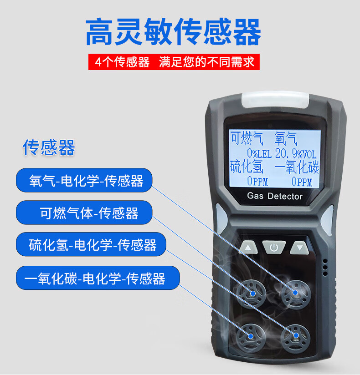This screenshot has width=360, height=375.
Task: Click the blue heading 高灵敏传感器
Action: coord(173,32)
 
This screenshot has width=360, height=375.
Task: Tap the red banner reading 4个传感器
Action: coord(174,62)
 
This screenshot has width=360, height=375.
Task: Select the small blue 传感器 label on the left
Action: coord(49,147)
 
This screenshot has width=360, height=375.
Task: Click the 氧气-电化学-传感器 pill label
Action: coord(84,180)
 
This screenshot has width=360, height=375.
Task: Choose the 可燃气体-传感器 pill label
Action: coord(84,213)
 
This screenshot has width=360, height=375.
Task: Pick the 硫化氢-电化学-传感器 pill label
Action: coord(91,244)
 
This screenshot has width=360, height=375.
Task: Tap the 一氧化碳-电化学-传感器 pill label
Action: coord(98,278)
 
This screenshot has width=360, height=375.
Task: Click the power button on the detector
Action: coord(274,247)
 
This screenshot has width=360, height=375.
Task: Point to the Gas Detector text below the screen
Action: coord(275,196)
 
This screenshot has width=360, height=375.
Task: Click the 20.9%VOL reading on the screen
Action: coord(296,153)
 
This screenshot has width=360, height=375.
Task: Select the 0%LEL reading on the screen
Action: coord(259,153)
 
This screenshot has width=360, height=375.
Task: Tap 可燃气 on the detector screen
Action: coord(247,138)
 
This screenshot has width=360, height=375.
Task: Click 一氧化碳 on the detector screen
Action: coord(297,167)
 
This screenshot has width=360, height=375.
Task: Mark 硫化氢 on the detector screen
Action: coord(247,167)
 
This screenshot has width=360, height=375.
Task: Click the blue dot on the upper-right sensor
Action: coord(295,293)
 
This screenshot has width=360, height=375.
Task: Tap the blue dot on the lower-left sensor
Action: coord(251,336)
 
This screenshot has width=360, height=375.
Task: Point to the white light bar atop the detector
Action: coord(275,100)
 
